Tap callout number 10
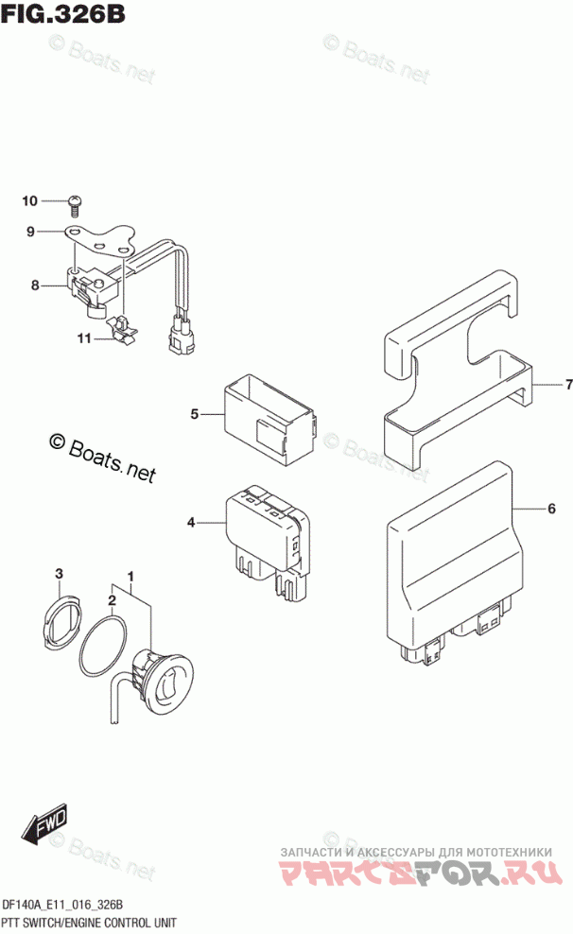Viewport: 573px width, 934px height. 29,200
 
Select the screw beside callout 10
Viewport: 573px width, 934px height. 76,200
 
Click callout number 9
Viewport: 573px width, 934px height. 30,232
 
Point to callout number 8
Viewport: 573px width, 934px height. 34,285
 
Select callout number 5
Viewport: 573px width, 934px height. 194,413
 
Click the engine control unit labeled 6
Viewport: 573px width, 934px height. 454,567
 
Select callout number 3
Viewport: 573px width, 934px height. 59,574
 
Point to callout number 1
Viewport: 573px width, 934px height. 131,576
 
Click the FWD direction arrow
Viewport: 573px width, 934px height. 44,829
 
